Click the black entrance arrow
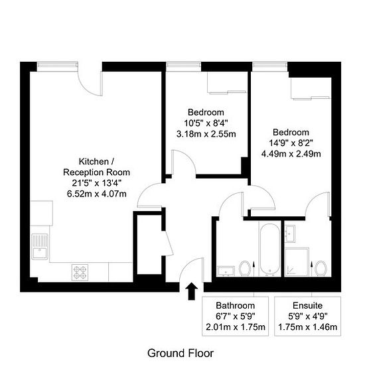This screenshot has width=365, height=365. [x=191, y=291]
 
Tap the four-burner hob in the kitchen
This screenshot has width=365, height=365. [x=80, y=272]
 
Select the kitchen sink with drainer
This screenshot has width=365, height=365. [x=40, y=247]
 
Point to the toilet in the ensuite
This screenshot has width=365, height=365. [x=321, y=268]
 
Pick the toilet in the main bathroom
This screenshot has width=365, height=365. [x=245, y=268]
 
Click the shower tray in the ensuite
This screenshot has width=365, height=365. [x=297, y=262]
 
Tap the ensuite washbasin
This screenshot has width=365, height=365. [x=290, y=234]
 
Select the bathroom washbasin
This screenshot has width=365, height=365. [x=226, y=271]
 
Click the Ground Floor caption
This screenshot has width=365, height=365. [x=181, y=353]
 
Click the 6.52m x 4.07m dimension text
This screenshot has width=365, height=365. [x=97, y=194]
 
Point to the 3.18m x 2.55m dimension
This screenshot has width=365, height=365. [x=206, y=134]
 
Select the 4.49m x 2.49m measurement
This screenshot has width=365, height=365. [x=291, y=154]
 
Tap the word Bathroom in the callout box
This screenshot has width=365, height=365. [x=236, y=305]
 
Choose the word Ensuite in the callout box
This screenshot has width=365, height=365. [x=307, y=305]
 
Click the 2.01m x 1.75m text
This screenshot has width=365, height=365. [x=236, y=327]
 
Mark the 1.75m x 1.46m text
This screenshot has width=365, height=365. [x=307, y=327]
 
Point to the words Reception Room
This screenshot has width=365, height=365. [x=96, y=173]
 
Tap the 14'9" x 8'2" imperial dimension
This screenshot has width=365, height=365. [x=291, y=143]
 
